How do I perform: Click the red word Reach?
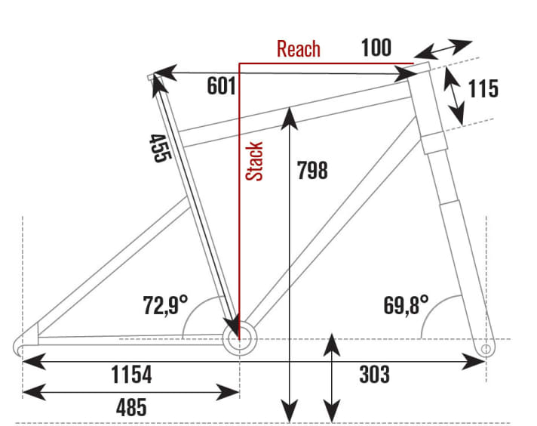tap(299, 50)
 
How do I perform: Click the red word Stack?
tap(256, 161)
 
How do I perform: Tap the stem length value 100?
tap(376, 48)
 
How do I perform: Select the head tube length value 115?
tap(483, 88)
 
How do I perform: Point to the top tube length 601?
tap(222, 87)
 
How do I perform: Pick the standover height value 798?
tap(312, 171)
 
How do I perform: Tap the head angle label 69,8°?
tap(406, 306)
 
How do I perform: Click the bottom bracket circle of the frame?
tap(240, 335)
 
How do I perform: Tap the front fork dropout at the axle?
tap(486, 349)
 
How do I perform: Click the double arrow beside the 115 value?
tap(453, 95)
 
